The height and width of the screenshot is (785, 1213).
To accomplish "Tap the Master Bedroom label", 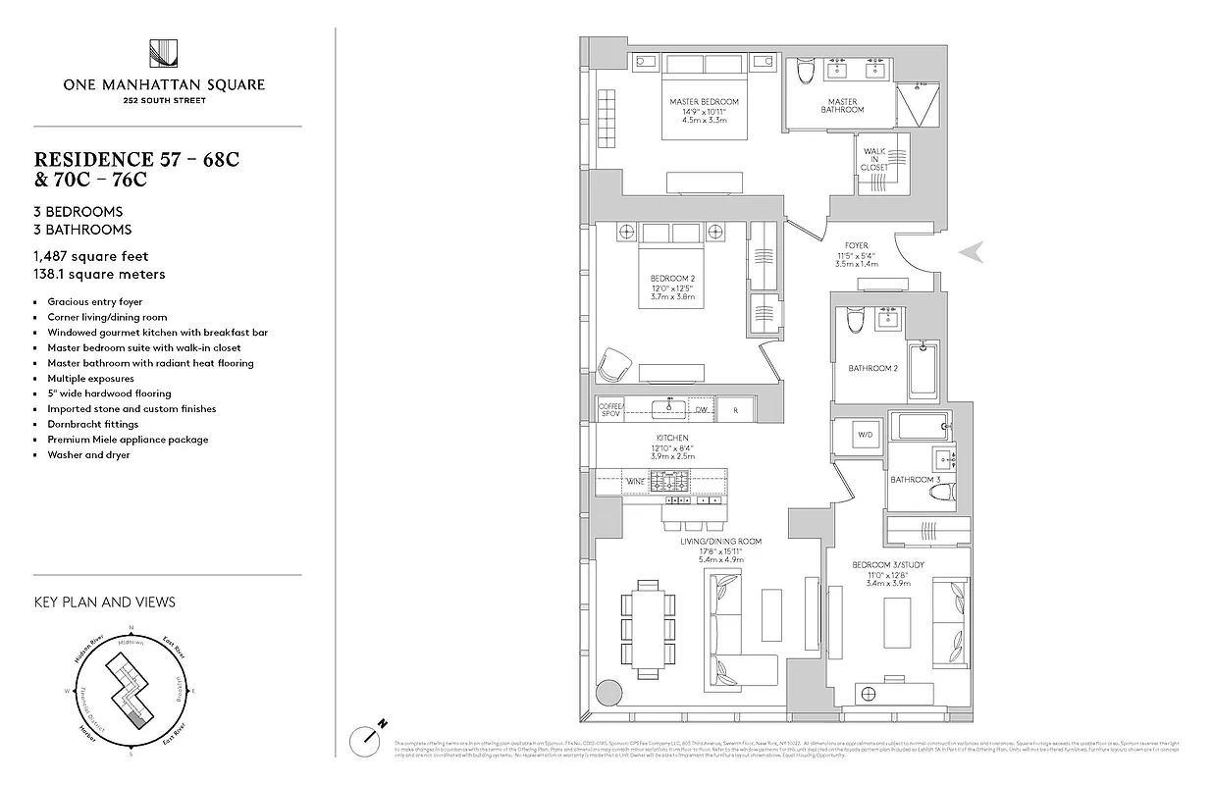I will (x=704, y=102).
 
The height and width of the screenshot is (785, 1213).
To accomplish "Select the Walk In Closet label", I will (x=873, y=159).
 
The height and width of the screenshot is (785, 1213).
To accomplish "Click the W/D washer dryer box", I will (x=866, y=434).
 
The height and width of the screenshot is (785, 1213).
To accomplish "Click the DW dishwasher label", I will (x=702, y=409).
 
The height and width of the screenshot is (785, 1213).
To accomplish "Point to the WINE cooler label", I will (x=636, y=482).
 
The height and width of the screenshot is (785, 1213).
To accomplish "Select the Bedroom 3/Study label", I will (x=888, y=565).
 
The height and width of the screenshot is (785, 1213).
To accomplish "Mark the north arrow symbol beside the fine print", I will (x=370, y=736).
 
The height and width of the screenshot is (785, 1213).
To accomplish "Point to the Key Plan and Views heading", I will (x=104, y=602).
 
